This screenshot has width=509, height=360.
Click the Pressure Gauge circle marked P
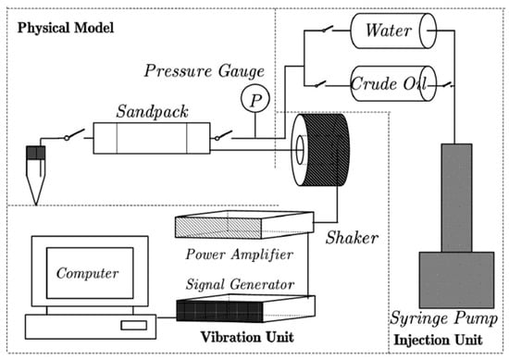coord(255,99)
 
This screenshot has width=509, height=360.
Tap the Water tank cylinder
coord(393,31)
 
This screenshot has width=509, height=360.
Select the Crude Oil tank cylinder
coord(393,83)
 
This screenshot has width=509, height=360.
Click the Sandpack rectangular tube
coord(152,138)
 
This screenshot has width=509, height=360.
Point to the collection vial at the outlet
coord(36,175)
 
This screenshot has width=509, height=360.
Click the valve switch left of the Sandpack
coord(75,134)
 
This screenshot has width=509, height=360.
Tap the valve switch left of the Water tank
coord(328,29)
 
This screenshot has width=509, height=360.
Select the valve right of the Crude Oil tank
coord(449,84)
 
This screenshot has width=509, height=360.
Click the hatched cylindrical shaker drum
coord(321,150)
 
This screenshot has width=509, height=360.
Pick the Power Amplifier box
coord(244,225)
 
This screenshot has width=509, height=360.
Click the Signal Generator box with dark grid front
coord(246,308)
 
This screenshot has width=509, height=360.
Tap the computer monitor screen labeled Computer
coord(90,273)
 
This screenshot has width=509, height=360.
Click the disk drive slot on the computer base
coord(134,325)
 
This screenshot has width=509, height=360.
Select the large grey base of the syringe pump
coord(457,279)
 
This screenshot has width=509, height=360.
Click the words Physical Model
coord(66,28)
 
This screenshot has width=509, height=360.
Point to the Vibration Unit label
coord(247,337)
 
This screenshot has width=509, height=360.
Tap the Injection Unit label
coord(438,340)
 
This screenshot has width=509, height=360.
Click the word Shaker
coord(352,238)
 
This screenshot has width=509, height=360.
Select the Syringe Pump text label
coord(443,318)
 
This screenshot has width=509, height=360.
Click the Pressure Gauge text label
coord(205,70)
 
